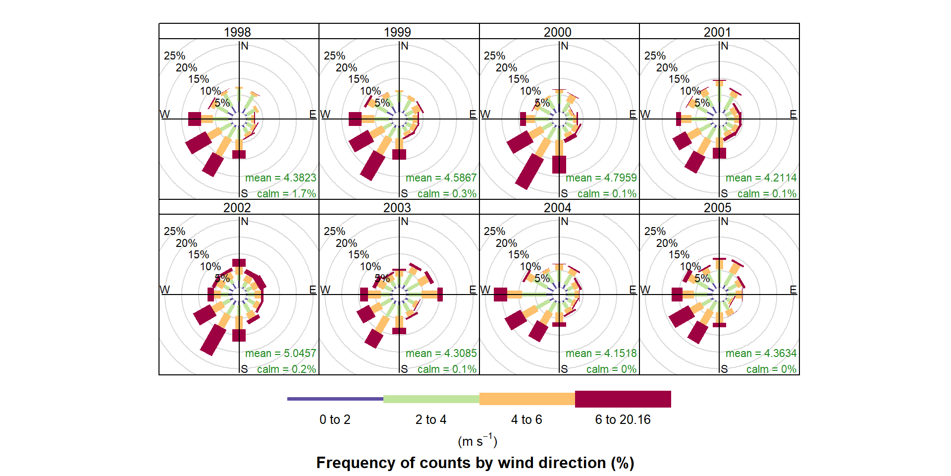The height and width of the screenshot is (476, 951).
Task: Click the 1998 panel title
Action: click(237, 32)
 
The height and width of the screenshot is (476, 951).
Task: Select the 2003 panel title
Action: click(397, 208)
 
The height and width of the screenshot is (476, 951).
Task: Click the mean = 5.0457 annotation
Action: click(280, 353)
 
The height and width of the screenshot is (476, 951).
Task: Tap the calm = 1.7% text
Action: click(286, 193)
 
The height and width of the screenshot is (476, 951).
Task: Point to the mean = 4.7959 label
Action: click(601, 178)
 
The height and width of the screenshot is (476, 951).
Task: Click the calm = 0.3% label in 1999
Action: click(447, 193)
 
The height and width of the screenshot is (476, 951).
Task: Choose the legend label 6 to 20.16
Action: click(623, 419)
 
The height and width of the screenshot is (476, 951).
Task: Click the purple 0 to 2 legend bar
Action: click(335, 399)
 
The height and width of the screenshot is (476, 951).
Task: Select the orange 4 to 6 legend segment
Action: click(527, 399)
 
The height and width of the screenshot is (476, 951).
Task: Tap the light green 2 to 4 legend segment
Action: click(431, 399)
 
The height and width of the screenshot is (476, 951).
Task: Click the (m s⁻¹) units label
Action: click(477, 440)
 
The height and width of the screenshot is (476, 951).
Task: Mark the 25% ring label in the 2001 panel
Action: click(655, 56)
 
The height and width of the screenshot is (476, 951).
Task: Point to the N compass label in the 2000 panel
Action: click(565, 46)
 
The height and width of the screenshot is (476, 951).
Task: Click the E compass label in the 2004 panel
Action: click(633, 290)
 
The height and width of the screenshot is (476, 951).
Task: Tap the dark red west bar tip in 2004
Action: click(500, 295)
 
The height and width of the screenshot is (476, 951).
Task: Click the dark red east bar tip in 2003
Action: click(440, 295)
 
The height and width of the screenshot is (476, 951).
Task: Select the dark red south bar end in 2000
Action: click(559, 165)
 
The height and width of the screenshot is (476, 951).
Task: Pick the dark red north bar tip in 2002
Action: click(239, 263)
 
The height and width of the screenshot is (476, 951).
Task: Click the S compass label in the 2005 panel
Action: click(725, 369)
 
